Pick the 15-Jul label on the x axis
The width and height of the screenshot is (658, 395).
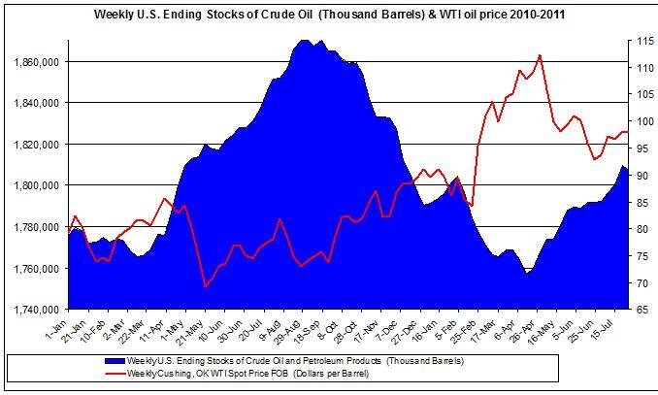coord(622,330)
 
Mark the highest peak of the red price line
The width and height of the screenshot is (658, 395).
coord(540,55)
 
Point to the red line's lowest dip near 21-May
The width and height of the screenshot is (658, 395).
coord(205,286)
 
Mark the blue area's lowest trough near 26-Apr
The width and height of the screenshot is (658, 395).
coord(527,274)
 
